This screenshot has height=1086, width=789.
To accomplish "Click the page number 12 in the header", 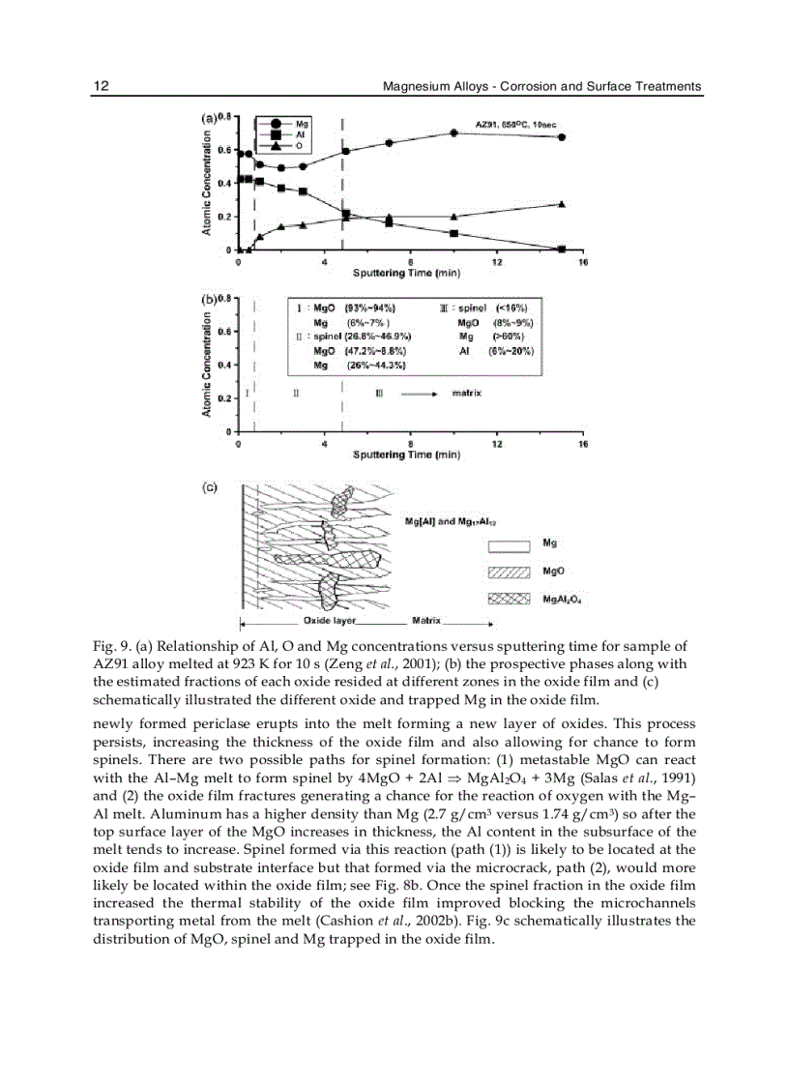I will tap(101, 86).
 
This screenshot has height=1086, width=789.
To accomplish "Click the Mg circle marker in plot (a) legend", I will tap(276, 124).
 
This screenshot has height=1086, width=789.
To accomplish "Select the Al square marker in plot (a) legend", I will tap(276, 134).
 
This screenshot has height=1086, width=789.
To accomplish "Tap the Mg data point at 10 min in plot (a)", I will tap(453, 132).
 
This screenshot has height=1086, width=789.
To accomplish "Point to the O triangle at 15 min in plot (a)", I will tap(562, 204).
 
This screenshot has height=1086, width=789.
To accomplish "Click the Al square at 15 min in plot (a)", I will tap(562, 249).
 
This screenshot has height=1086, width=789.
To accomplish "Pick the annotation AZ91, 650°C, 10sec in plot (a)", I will tap(515, 124).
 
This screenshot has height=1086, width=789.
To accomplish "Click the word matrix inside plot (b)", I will tap(467, 394).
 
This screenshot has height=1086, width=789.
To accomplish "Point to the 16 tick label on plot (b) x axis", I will tap(582, 444).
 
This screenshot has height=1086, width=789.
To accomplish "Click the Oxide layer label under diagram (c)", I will tap(330, 619).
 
